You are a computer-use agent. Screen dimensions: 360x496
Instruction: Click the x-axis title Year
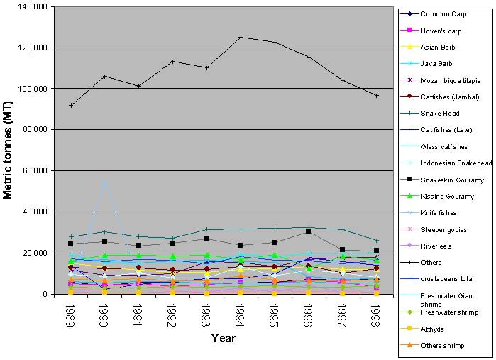(x=223, y=339)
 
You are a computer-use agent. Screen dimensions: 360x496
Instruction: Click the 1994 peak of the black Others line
(x=241, y=37)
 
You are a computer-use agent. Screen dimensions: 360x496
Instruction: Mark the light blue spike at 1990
(x=105, y=182)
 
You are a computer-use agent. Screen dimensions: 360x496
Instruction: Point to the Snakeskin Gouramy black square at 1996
(x=309, y=231)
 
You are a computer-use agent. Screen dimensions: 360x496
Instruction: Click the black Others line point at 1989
(x=71, y=105)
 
